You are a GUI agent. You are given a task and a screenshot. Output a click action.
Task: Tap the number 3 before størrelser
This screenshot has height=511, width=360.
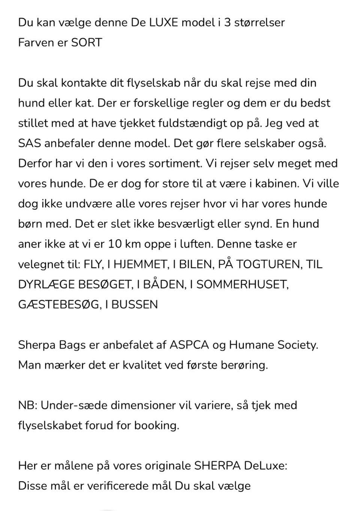click(x=227, y=23)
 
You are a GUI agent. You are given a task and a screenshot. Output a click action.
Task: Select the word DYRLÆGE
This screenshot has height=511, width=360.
click(x=46, y=284)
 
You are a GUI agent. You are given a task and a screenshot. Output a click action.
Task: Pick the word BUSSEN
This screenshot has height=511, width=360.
click(x=134, y=304)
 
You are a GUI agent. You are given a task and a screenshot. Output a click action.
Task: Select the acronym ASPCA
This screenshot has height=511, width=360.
click(x=189, y=345)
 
